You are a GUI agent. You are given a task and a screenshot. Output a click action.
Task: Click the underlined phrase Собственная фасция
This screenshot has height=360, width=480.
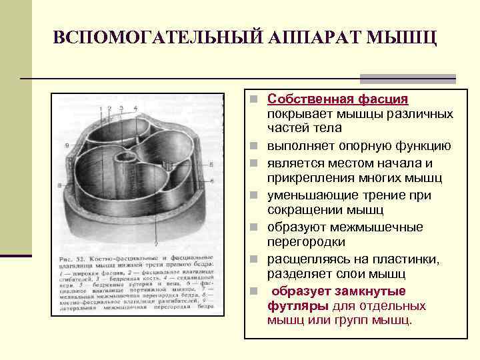[x=337, y=99]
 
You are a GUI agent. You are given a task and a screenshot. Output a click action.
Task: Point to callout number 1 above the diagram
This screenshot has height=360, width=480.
[x=101, y=108]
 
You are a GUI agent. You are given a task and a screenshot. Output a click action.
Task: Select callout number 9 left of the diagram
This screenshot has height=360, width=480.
[x=67, y=145]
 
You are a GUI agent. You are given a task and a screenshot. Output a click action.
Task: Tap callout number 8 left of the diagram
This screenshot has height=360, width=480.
[x=60, y=184]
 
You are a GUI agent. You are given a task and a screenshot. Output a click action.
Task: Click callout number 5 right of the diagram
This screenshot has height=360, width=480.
[x=211, y=163]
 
